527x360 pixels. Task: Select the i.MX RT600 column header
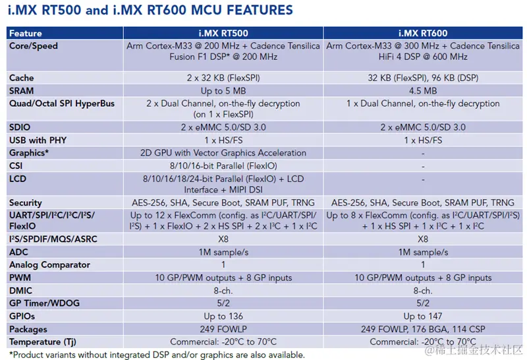tap(422, 33)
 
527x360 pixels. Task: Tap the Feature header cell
tap(26, 33)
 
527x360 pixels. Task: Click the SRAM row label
tap(22, 90)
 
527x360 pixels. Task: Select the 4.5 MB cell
tap(422, 90)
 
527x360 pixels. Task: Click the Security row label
tap(26, 202)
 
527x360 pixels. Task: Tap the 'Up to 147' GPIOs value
tap(422, 316)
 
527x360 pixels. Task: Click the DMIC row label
tap(22, 290)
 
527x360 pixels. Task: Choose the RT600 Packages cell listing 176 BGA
tap(422, 328)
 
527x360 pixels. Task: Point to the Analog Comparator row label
tap(49, 264)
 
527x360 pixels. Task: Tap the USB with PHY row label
tap(38, 140)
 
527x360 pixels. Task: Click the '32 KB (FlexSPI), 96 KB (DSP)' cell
tap(422, 78)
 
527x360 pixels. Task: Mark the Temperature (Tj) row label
tap(43, 342)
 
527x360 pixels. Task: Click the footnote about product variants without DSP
tap(157, 354)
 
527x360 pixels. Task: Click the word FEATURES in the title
tap(252, 11)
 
